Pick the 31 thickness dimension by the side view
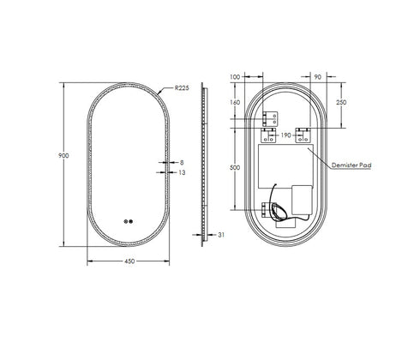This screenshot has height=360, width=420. pos(222,236)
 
